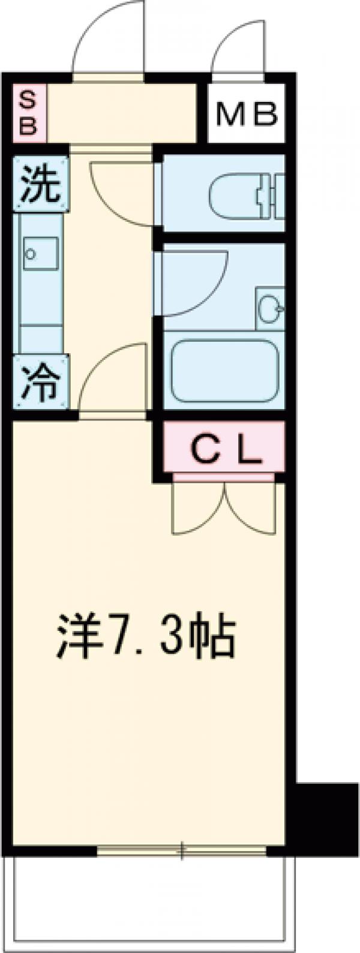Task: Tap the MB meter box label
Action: coord(246,114)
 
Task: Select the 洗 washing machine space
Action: coord(41,184)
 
